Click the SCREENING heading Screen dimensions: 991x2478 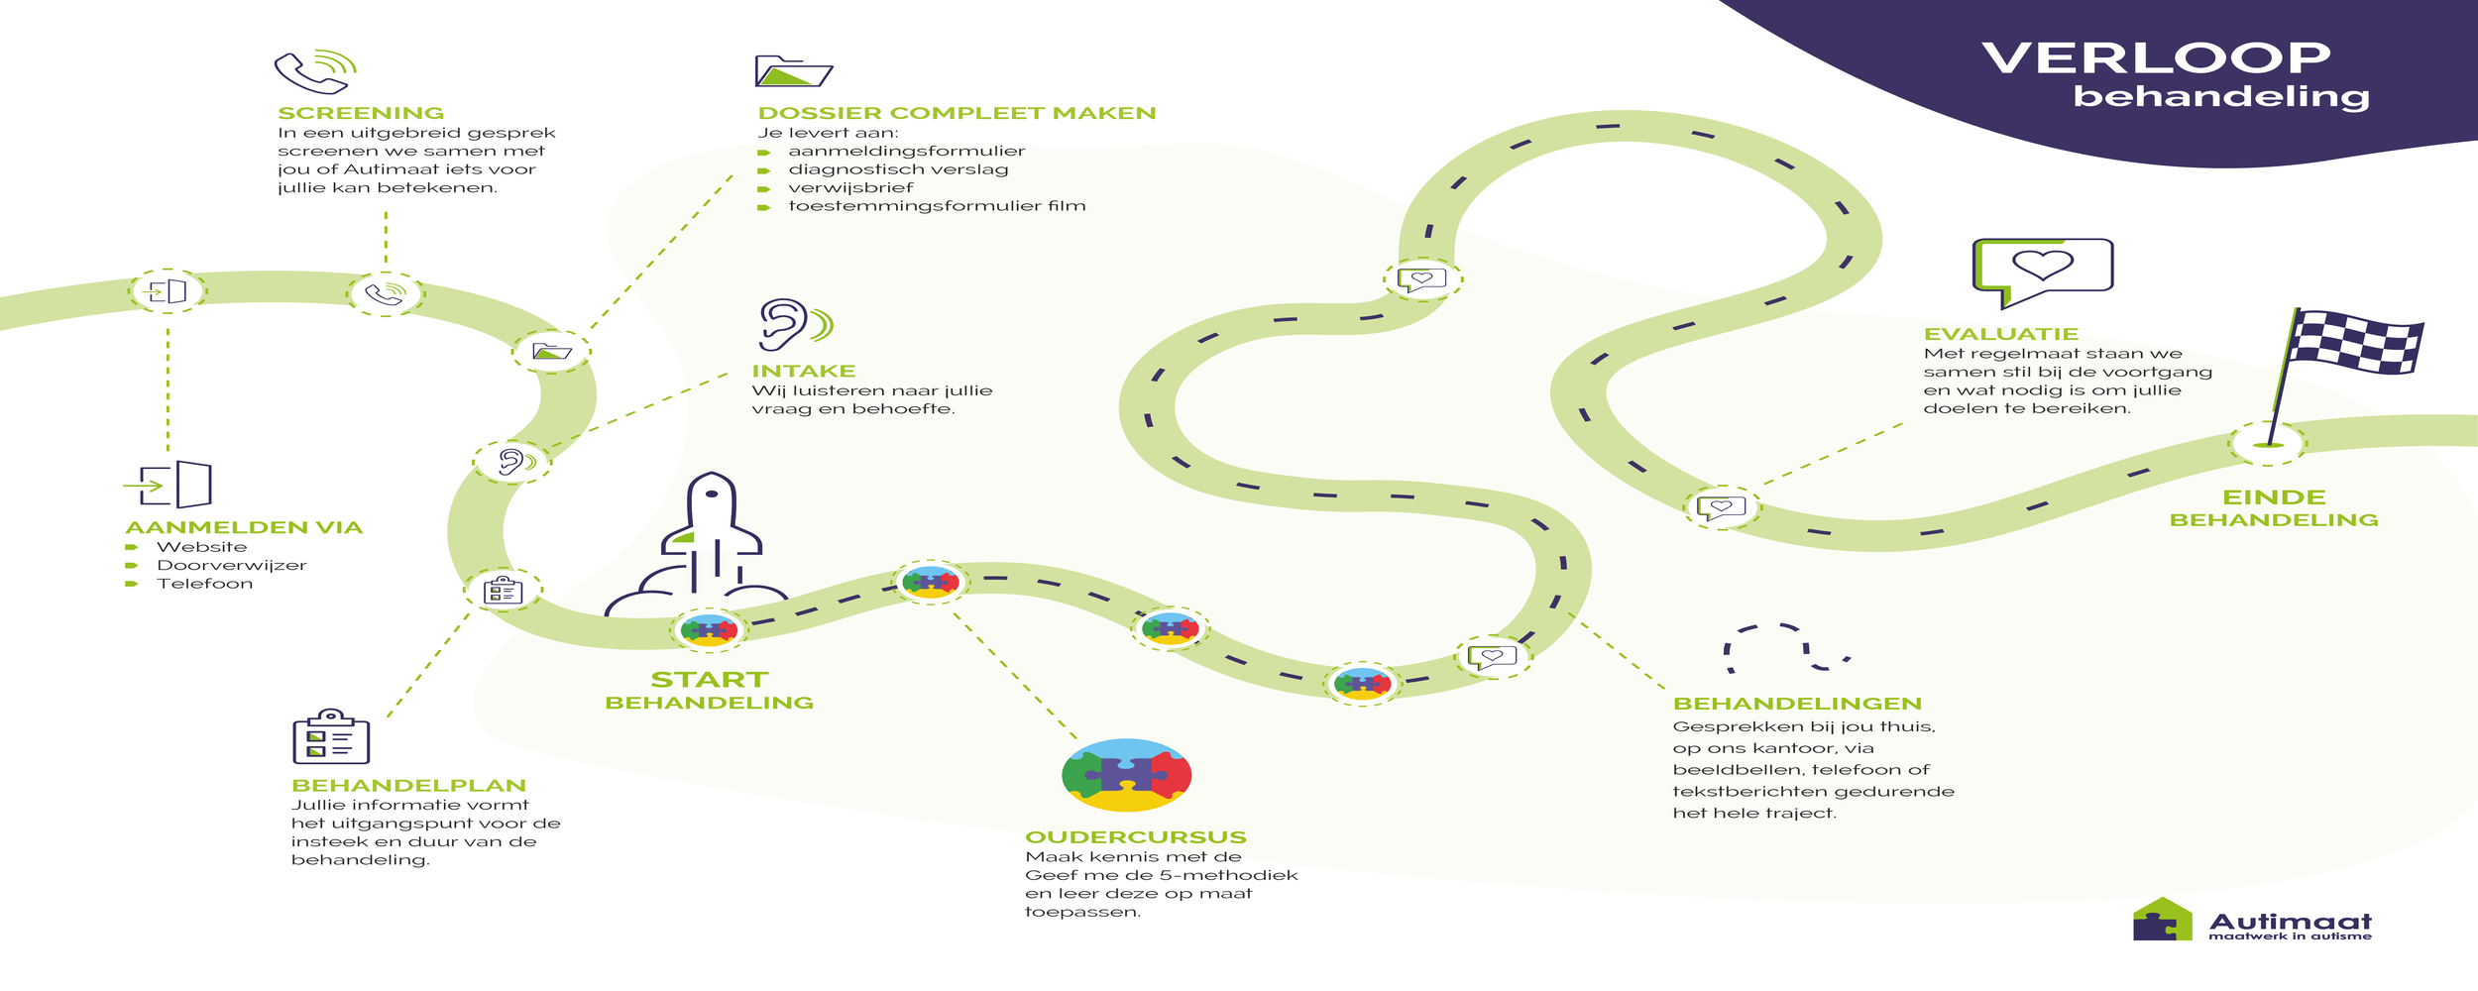click(361, 113)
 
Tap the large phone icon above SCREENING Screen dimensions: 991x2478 click(313, 71)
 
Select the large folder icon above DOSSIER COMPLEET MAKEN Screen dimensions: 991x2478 click(793, 71)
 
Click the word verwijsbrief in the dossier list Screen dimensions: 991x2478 click(850, 187)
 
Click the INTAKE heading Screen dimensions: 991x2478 click(803, 371)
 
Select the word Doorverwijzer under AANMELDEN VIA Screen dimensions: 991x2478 click(231, 565)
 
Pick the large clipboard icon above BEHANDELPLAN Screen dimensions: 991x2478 click(331, 737)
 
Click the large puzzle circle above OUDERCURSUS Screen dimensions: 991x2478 click(1126, 775)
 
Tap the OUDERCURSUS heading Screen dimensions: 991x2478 click(1135, 837)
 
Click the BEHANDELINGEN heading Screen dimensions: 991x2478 click(1797, 704)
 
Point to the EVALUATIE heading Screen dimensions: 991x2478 click(2000, 334)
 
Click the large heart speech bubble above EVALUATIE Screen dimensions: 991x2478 click(2042, 270)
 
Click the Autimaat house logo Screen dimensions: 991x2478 click(2162, 920)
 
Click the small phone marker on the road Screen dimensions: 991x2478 click(385, 294)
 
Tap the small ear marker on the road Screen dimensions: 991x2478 click(511, 461)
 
